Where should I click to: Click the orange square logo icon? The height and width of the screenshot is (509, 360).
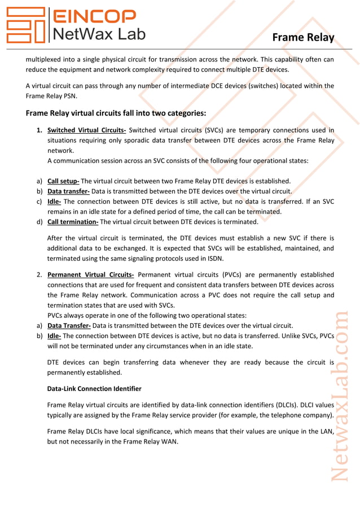tap(25, 25)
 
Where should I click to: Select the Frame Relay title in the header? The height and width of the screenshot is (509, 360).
tap(303, 37)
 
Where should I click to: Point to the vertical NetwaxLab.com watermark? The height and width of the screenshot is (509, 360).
tap(340, 395)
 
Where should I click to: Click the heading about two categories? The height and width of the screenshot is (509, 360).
tap(116, 113)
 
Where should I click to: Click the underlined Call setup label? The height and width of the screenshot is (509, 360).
tap(63, 181)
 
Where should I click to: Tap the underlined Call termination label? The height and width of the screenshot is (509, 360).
tap(73, 222)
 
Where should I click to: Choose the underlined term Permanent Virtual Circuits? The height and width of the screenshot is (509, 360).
tap(90, 275)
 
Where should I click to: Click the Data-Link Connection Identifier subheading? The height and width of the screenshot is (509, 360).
tap(94, 389)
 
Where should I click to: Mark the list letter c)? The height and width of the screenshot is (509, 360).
tap(39, 201)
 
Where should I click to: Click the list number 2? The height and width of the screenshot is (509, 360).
tap(39, 275)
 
